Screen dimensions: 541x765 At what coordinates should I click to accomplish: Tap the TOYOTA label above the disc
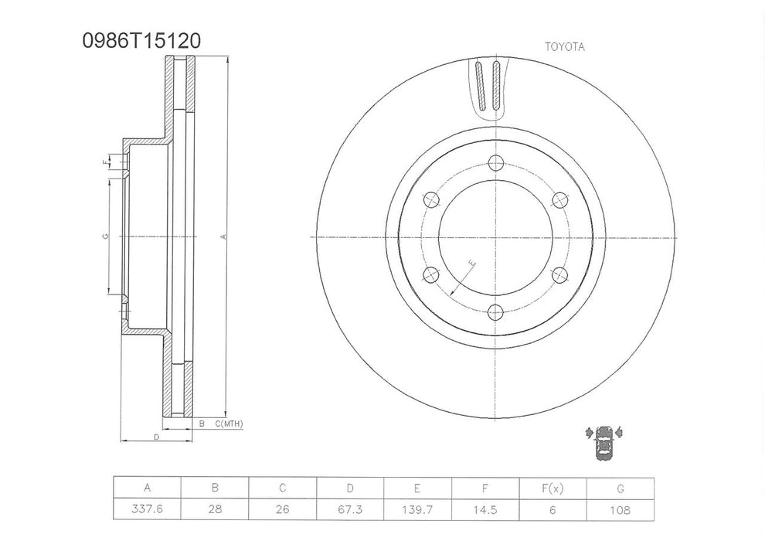[565, 46]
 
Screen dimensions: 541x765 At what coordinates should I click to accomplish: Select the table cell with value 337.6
[147, 510]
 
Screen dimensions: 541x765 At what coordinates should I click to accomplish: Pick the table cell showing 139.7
[417, 510]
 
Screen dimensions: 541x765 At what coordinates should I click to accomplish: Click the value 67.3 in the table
[350, 510]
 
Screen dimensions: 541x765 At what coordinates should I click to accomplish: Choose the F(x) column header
[553, 488]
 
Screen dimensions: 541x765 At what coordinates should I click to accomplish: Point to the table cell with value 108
[620, 510]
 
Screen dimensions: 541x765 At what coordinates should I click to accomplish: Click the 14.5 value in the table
[485, 510]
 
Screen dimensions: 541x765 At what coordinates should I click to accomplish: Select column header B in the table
[215, 488]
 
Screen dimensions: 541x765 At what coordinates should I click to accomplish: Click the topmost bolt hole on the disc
[495, 163]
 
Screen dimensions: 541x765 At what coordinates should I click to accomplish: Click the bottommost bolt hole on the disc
[495, 311]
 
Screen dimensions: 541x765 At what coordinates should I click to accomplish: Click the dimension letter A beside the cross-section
[223, 237]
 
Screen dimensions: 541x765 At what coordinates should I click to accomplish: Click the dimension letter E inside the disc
[472, 265]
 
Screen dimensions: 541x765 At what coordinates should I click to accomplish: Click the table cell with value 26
[282, 510]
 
